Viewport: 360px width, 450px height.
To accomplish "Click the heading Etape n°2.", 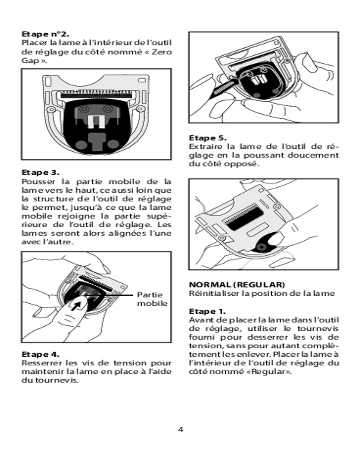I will point(45,34).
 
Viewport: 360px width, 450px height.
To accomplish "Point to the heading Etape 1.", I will point(207,311).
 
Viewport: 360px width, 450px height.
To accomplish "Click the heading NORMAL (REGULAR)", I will point(237,285).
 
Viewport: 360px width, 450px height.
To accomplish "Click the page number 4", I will point(180,429).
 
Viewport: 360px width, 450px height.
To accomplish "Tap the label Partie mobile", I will point(152,299).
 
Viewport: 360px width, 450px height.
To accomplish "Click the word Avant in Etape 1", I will point(199,320).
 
